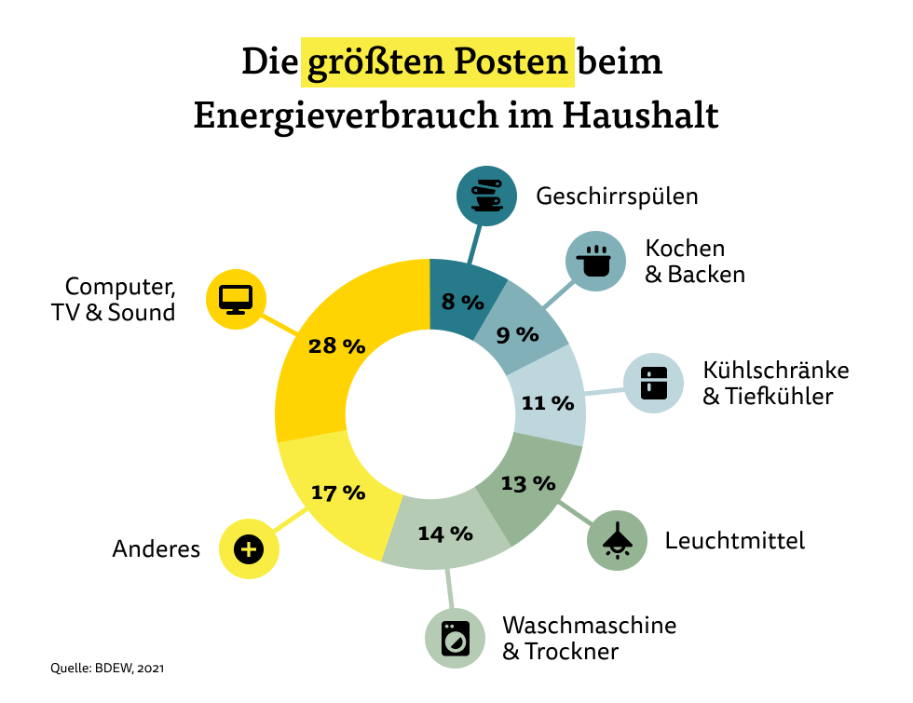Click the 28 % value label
336,345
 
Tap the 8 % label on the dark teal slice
463,302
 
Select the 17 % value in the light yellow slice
337,493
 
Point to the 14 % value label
445,534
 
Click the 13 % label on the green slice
527,483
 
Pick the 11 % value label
547,403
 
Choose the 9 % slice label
518,334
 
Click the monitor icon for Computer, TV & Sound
236,298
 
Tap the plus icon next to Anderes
248,549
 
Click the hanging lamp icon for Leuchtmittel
617,539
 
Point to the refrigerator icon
653,383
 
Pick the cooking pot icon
596,261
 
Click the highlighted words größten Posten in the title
438,62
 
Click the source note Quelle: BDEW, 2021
108,668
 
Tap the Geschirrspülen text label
617,196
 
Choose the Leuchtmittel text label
734,540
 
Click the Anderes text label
157,549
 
